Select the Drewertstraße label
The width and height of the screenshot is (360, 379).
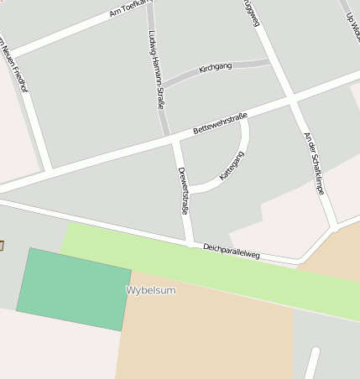pos(183,191)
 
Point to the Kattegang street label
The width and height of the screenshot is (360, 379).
pos(232,165)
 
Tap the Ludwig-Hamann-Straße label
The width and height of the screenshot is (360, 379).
pos(156,70)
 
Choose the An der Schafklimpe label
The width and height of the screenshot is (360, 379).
pos(314,164)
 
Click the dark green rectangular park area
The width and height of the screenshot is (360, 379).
pos(74,288)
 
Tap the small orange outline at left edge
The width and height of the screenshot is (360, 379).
pos(2,245)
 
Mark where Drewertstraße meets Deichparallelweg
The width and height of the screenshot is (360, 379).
pos(191,243)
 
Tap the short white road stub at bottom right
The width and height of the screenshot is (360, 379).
pos(311,363)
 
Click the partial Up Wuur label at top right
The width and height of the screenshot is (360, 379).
pos(352,17)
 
